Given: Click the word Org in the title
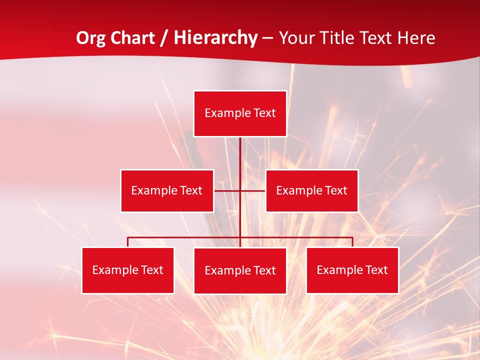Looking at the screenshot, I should tap(90, 38).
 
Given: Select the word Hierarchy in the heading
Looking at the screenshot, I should tap(215, 38).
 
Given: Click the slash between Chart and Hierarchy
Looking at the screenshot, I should tap(163, 38).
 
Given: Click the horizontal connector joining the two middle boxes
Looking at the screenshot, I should tap(227, 190).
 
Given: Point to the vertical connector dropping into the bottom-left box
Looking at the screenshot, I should tap(128, 242).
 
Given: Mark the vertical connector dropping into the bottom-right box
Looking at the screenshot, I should tap(352, 242).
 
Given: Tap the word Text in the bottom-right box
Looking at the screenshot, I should tap(376, 270).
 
